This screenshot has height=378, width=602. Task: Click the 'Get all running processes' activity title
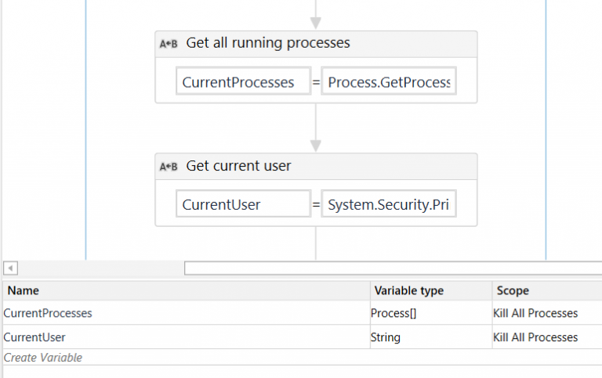[268, 44]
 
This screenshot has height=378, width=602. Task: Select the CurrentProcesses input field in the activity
[243, 82]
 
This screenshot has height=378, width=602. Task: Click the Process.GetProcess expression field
[388, 82]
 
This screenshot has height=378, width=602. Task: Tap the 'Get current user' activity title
[238, 166]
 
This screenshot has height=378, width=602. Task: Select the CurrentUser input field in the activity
[243, 205]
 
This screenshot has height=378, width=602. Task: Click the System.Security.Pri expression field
[388, 205]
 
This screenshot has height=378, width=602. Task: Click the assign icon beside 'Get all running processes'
[169, 44]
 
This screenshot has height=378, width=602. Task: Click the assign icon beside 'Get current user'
[169, 167]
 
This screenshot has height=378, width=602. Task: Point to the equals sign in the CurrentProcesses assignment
[316, 82]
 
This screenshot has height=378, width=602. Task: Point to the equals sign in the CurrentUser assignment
[316, 205]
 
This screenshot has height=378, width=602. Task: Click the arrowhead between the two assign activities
[316, 146]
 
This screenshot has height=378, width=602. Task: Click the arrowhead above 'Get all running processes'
[316, 23]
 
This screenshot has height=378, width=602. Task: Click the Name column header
[24, 290]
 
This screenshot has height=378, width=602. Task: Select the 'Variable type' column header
[408, 290]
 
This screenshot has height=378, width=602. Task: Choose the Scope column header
[513, 290]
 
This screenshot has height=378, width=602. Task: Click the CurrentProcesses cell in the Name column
[48, 313]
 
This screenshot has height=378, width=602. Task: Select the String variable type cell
[386, 337]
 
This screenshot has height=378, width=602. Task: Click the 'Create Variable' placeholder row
[43, 358]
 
